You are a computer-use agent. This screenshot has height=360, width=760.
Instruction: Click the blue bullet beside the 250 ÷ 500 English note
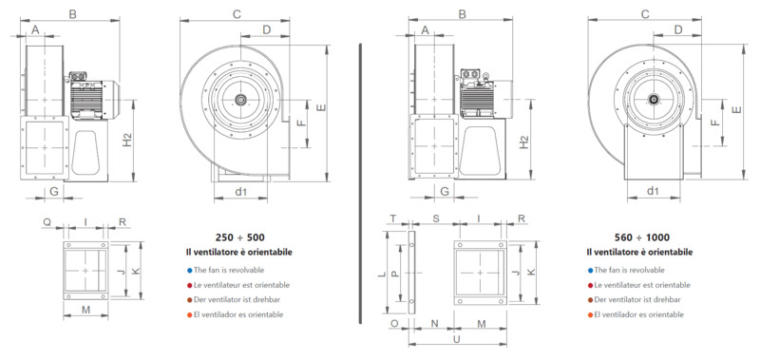tap(189, 271)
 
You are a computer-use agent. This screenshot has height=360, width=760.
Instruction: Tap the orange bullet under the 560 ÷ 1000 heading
tap(590, 315)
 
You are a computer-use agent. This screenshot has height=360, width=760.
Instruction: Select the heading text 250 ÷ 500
tap(240, 237)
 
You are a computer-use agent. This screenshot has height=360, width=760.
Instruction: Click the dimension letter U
tap(456, 340)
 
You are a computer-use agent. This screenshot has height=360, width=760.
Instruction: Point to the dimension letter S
tap(436, 218)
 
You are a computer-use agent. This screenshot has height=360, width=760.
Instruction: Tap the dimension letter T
tap(393, 218)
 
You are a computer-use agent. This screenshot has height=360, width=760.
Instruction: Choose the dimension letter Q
tap(47, 222)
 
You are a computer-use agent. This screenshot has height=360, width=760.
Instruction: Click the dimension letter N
tap(434, 323)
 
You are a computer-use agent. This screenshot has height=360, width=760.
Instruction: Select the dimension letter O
tap(394, 323)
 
